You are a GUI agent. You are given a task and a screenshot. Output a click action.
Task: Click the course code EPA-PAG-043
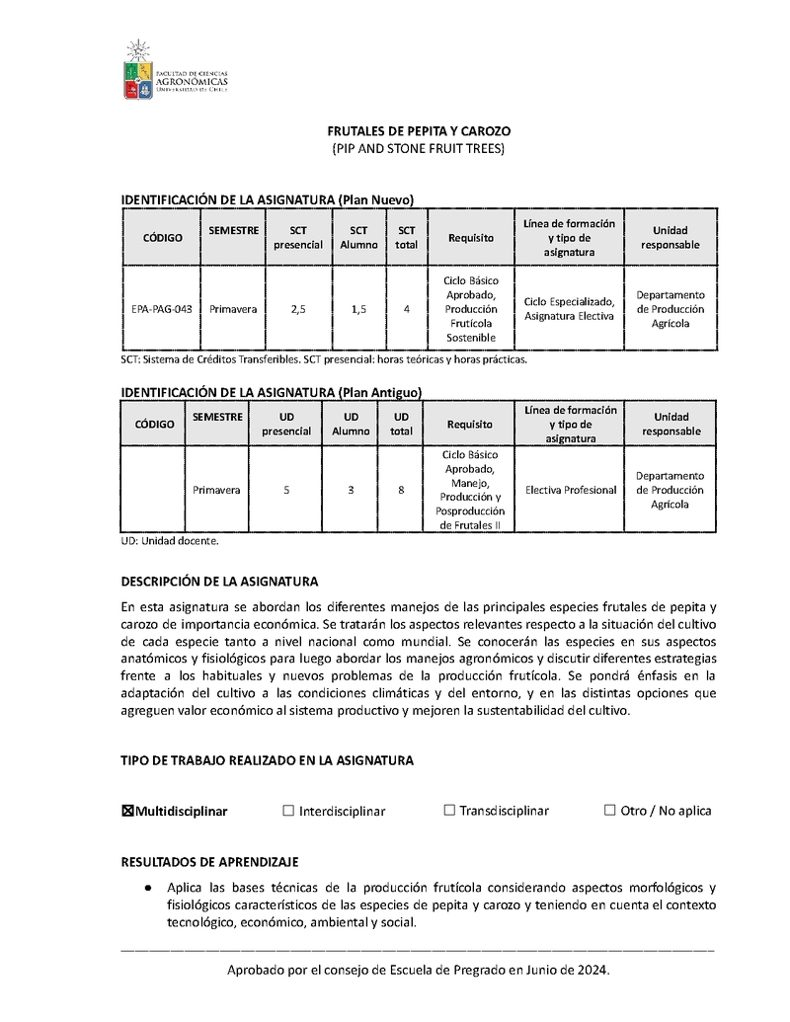click(162, 309)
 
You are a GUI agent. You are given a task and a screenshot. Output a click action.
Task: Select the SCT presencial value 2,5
click(298, 309)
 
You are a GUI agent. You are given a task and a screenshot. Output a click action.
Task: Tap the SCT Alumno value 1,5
click(358, 309)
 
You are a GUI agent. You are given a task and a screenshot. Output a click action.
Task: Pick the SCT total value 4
click(406, 309)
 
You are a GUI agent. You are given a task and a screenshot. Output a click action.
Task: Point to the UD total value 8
click(401, 490)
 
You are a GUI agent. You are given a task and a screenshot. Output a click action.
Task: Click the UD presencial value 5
click(286, 490)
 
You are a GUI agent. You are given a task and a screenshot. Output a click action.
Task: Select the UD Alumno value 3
click(351, 490)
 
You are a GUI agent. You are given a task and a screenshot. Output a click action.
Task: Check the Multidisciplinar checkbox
click(127, 811)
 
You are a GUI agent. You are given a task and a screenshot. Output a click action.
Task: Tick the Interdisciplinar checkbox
click(288, 811)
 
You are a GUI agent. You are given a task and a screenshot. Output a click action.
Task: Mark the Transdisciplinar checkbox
click(449, 811)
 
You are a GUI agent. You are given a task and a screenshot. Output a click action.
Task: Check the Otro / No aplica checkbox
click(609, 811)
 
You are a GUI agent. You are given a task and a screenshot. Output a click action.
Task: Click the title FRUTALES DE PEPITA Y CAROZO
click(419, 131)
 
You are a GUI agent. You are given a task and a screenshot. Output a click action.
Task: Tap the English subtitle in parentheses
click(419, 149)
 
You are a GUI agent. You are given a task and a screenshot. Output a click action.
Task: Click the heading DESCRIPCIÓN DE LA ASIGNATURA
click(219, 582)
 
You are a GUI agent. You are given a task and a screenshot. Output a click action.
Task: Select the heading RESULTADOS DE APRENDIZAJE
click(209, 862)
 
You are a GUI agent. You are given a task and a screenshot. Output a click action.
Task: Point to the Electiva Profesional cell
click(571, 490)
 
